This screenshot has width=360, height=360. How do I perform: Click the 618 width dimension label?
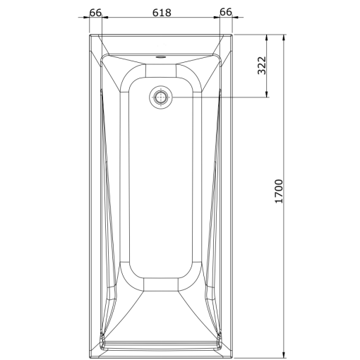tap(162, 12)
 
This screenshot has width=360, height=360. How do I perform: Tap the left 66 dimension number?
tap(97, 12)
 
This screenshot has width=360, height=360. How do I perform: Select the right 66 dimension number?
tap(226, 12)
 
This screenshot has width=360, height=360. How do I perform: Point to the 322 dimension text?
tap(260, 66)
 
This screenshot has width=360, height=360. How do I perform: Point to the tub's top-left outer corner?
tap(90, 34)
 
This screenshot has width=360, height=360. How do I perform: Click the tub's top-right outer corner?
tap(234, 34)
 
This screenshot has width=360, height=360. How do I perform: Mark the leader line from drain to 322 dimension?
tap(219, 97)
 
